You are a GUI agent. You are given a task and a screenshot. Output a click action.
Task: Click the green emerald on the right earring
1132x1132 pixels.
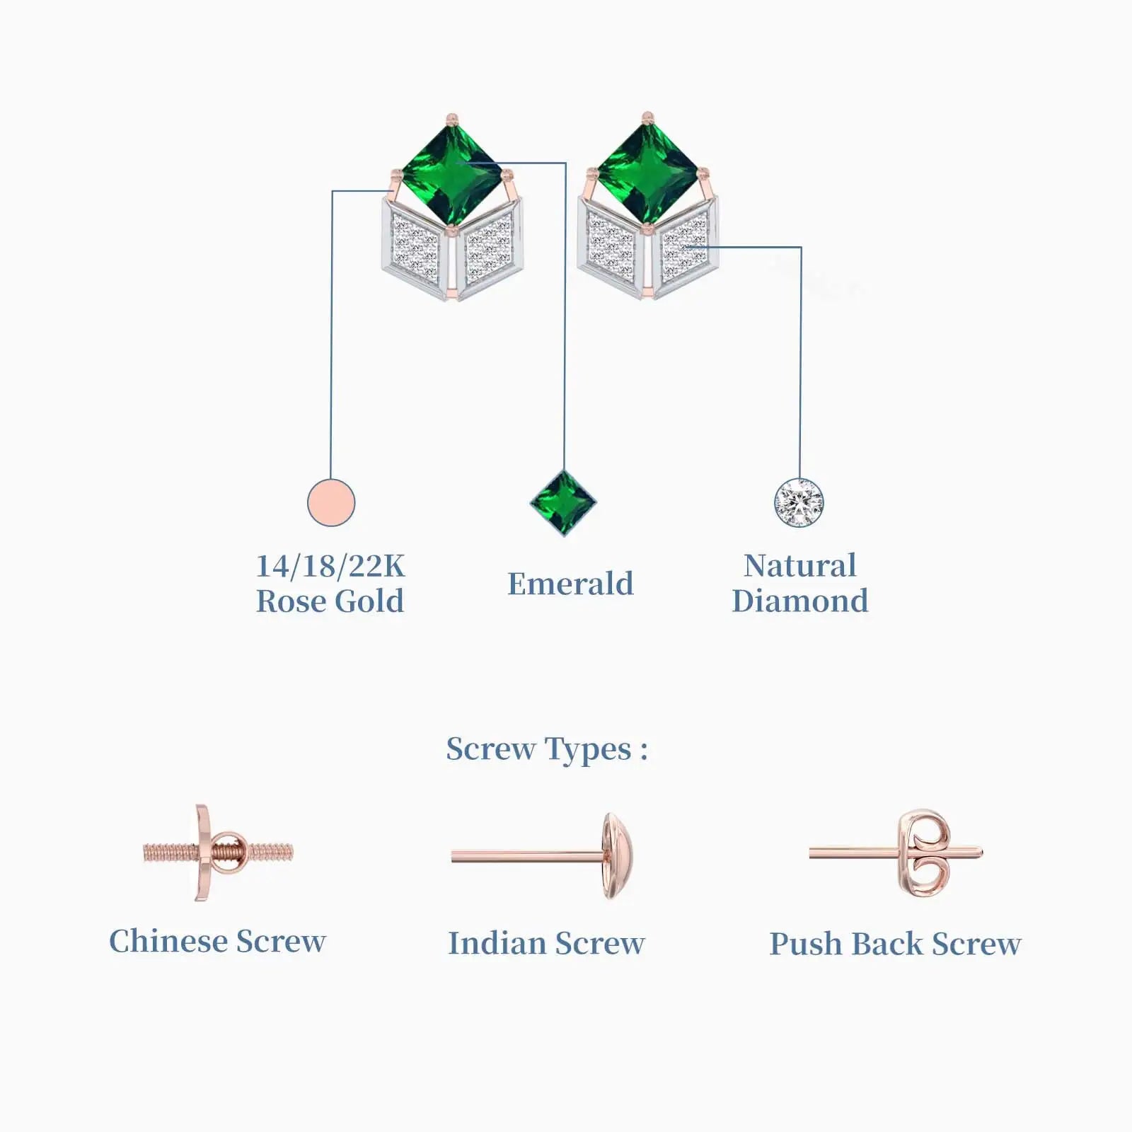[648, 173]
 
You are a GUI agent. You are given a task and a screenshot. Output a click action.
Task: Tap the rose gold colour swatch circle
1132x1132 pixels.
[331, 502]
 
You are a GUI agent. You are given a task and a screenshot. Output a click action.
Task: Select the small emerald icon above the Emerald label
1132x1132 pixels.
[563, 503]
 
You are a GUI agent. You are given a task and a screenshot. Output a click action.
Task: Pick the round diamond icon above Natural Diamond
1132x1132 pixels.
[799, 503]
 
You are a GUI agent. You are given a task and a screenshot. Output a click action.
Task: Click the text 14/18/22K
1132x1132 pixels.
[330, 566]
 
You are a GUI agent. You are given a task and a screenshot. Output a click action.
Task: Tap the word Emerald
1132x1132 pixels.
[570, 584]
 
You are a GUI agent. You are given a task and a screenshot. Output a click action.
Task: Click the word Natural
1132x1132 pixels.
[799, 565]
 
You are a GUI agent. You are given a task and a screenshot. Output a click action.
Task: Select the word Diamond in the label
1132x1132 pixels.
[799, 601]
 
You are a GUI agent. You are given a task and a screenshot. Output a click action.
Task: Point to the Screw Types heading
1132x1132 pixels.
[546, 749]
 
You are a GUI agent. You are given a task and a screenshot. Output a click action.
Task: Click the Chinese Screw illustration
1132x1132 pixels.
[217, 852]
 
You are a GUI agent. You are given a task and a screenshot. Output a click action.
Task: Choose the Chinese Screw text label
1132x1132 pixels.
[217, 941]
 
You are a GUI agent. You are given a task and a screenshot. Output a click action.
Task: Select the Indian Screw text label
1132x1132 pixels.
[546, 943]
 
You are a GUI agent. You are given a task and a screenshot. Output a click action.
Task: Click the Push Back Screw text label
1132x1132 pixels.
[895, 944]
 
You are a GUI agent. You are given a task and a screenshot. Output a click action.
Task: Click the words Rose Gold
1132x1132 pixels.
[330, 601]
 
